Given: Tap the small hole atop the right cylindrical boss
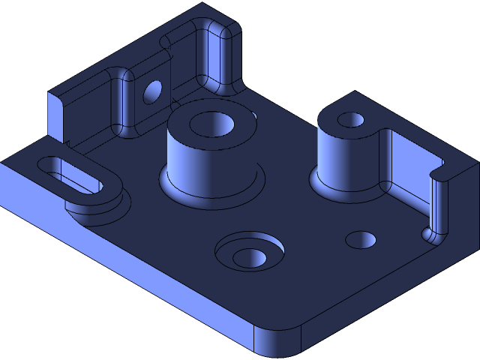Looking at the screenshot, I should pyautogui.click(x=349, y=120).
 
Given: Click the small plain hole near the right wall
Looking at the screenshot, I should pyautogui.click(x=361, y=240).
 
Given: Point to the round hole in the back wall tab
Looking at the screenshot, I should pyautogui.click(x=153, y=91).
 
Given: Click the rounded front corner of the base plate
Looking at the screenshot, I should pyautogui.click(x=277, y=342).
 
